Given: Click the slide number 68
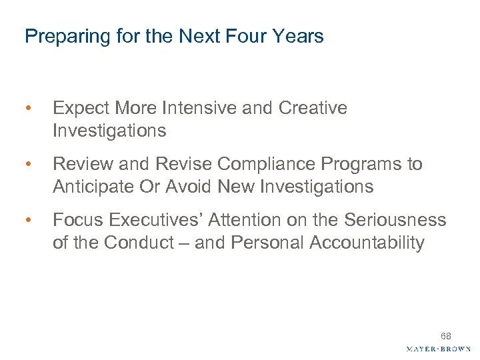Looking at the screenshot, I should (445, 336).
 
